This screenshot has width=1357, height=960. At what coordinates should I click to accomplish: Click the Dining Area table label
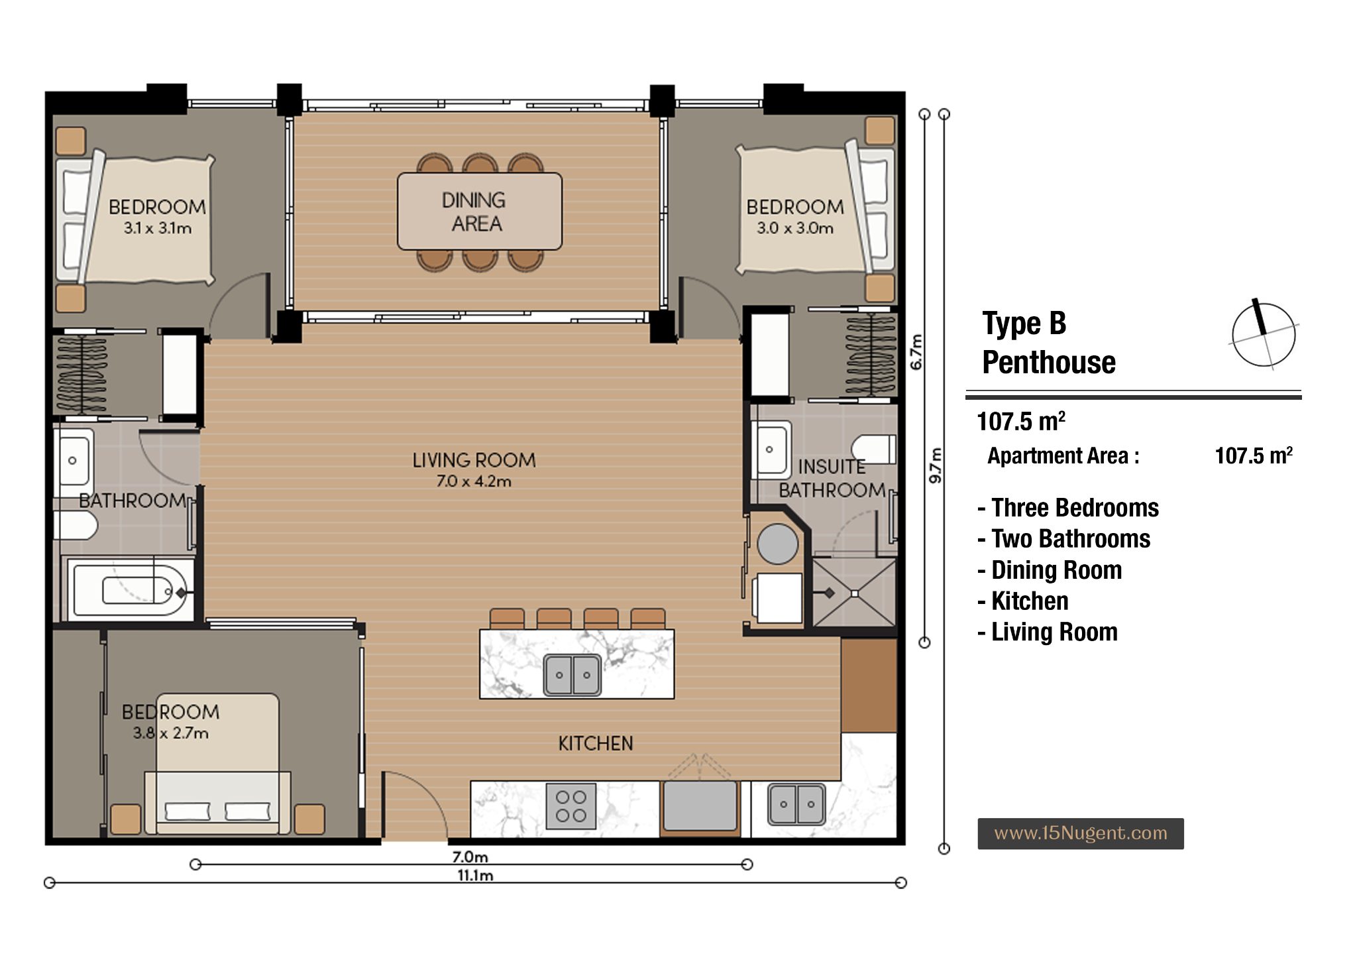pyautogui.click(x=474, y=211)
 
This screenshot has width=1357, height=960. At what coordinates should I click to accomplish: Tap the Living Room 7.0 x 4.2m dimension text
pyautogui.click(x=474, y=481)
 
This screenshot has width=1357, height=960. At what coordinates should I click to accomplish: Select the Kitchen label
pyautogui.click(x=596, y=743)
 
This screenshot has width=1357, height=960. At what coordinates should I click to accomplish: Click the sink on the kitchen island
pyautogui.click(x=572, y=675)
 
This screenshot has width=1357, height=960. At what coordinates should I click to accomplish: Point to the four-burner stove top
pyautogui.click(x=570, y=806)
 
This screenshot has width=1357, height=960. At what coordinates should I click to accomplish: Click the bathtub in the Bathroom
pyautogui.click(x=130, y=589)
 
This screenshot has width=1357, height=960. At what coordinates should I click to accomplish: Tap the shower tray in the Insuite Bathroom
pyautogui.click(x=854, y=593)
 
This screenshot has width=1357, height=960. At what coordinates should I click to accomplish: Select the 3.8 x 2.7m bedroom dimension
pyautogui.click(x=171, y=733)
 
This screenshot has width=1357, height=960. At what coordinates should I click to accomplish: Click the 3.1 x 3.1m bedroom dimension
pyautogui.click(x=158, y=229)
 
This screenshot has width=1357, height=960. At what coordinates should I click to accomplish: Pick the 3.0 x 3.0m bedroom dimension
pyautogui.click(x=795, y=229)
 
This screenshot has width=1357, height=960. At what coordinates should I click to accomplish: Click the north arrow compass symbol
pyautogui.click(x=1264, y=334)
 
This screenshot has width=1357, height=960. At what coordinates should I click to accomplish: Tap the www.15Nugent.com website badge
pyautogui.click(x=1081, y=833)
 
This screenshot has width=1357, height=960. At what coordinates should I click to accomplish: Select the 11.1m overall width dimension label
pyautogui.click(x=475, y=876)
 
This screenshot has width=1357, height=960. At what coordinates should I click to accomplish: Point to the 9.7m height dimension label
pyautogui.click(x=935, y=465)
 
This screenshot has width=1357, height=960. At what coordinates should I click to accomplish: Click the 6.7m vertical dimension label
pyautogui.click(x=916, y=352)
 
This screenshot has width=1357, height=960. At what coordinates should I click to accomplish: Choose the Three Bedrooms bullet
pyautogui.click(x=1068, y=508)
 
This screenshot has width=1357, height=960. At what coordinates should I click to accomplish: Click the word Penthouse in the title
pyautogui.click(x=1049, y=363)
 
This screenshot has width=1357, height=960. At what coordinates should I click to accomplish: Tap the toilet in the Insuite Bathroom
pyautogui.click(x=874, y=449)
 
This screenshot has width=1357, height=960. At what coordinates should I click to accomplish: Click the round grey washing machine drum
pyautogui.click(x=777, y=544)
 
